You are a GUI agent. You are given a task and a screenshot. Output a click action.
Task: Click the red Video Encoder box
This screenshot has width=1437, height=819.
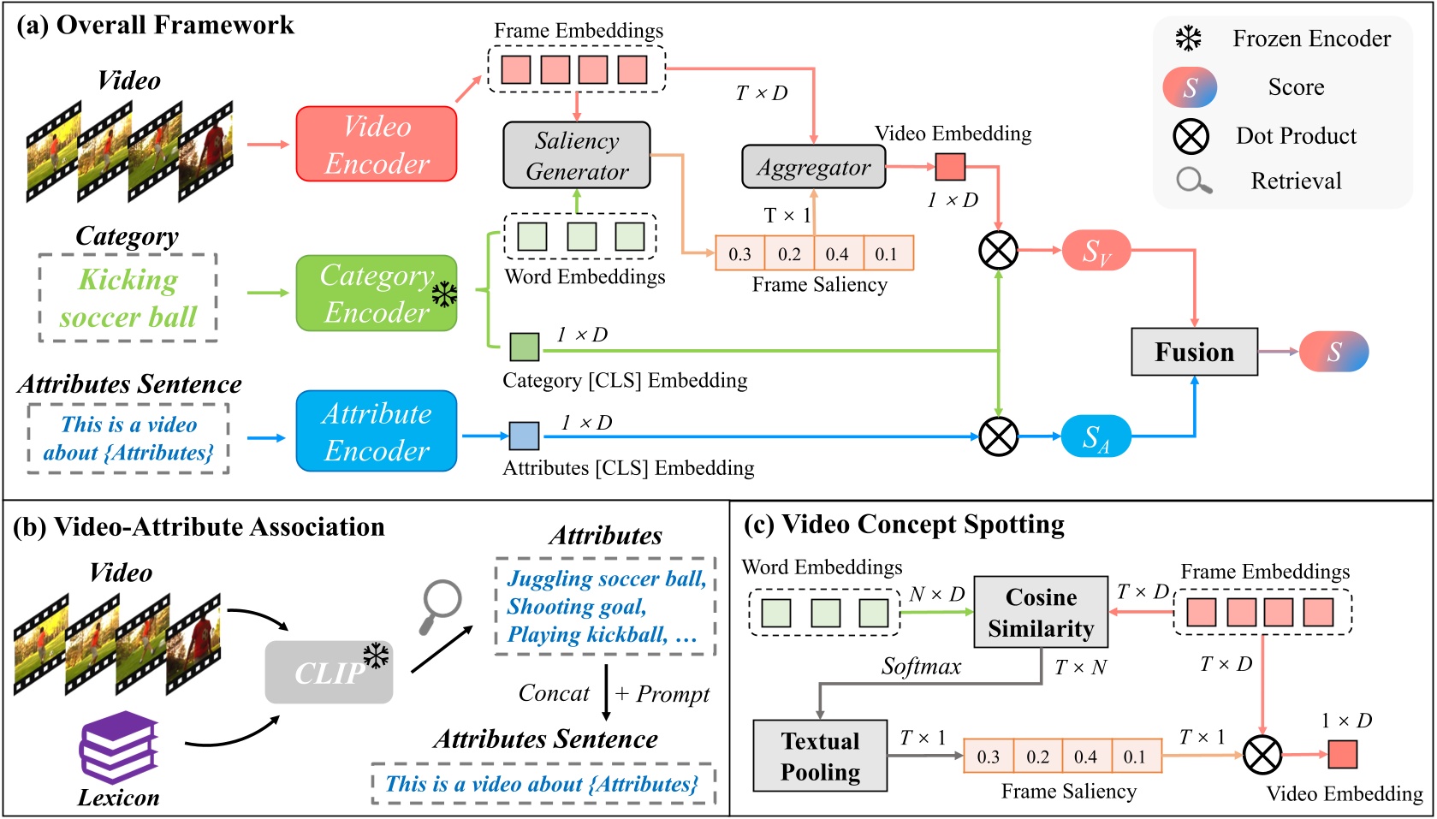pos(376,144)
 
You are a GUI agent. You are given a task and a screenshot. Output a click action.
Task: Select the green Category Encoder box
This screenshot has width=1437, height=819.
pos(376,294)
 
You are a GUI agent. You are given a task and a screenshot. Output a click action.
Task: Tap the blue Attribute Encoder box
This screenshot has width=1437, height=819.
pos(376,431)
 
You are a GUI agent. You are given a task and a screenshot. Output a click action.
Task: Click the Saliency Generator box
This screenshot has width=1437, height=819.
pos(576,156)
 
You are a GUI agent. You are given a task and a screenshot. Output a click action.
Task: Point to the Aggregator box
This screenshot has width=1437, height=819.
pos(813,168)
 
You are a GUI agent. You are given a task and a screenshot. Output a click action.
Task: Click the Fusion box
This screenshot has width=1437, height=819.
pos(1194,352)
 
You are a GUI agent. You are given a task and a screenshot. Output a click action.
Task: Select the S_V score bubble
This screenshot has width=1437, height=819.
pos(1096,251)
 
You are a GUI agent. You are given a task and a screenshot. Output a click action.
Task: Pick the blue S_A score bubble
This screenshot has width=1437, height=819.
pos(1096,436)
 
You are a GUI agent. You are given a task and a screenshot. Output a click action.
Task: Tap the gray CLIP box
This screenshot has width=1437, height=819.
pos(329,673)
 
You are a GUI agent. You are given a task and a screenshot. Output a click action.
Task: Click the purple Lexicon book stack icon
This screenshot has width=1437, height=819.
pos(118,746)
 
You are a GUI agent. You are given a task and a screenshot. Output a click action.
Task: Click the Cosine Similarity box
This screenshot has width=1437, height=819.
pos(1041,613)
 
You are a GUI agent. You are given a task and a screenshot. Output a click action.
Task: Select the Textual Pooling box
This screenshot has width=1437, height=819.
pos(820,756)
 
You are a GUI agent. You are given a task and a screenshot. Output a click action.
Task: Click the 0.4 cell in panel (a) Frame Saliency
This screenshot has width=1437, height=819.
pos(837,254)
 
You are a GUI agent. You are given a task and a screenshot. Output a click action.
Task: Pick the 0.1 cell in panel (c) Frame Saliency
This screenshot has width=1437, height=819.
pos(1135,757)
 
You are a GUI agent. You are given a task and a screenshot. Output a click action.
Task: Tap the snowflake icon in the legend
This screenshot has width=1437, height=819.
pos(1188,39)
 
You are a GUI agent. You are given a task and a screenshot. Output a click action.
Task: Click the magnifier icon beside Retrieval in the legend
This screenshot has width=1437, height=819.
pos(1193,181)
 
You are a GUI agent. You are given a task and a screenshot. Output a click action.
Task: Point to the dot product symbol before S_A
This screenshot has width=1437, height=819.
pos(998,436)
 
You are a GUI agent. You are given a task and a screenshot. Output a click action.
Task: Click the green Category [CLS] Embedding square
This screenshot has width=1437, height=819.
pos(525,347)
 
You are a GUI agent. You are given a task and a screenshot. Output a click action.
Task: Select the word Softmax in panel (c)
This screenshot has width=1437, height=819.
pos(921,667)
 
